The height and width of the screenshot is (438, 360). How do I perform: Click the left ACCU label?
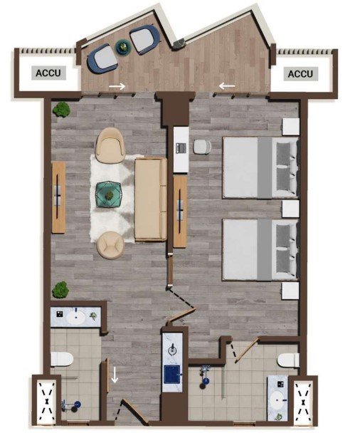pos(48,73)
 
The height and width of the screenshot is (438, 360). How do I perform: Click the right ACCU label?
pos(300,74)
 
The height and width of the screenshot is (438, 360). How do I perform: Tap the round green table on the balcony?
pos(123,46)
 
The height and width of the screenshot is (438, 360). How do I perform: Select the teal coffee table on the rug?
pos(108,194)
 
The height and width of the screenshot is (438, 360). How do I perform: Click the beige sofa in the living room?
pos(151,199)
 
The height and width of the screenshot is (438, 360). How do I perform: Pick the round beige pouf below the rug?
pos(110,245)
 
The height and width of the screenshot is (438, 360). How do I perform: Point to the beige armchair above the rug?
pos(110,145)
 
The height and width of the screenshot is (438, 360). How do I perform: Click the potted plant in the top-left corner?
pos(62,109)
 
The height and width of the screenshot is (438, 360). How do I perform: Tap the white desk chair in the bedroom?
pos(202,147)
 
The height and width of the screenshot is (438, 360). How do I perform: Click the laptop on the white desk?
pos(181,147)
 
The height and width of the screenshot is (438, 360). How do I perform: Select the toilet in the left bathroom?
pos(62,359)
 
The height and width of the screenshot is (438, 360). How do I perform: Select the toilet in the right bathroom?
pos(289,360)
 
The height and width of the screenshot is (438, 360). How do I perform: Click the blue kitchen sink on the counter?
pos(172,374)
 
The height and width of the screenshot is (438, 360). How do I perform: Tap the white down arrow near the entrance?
pos(115,375)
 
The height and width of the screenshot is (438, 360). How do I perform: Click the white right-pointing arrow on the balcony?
pos(117,86)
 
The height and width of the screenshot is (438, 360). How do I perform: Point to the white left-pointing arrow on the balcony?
pos(227,86)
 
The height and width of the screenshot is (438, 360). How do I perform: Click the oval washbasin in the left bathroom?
pos(75,317)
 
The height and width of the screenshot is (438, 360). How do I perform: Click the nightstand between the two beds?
pos(290,209)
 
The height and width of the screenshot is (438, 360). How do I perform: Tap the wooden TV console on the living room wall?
pos(58,197)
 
